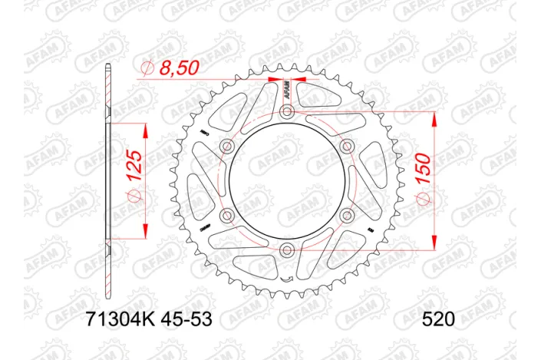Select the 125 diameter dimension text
pos(135,171)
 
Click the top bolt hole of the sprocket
pos(286,113)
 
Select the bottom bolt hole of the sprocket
pos(286,249)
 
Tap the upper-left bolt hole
pos(227,147)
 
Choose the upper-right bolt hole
pos(345,147)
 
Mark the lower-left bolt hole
pos(227,215)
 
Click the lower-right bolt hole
pos(345,215)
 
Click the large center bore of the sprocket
pos(286,181)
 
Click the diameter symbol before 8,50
pos(149,69)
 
